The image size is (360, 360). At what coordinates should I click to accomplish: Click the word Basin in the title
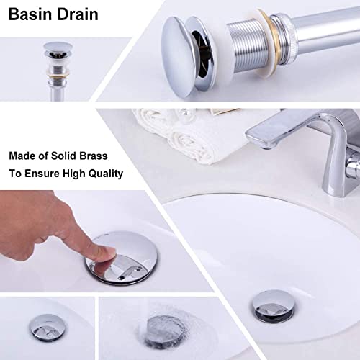point(29,14)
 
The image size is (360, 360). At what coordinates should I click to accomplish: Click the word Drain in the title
point(76,14)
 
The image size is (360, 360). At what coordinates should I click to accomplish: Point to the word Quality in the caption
point(105,174)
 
